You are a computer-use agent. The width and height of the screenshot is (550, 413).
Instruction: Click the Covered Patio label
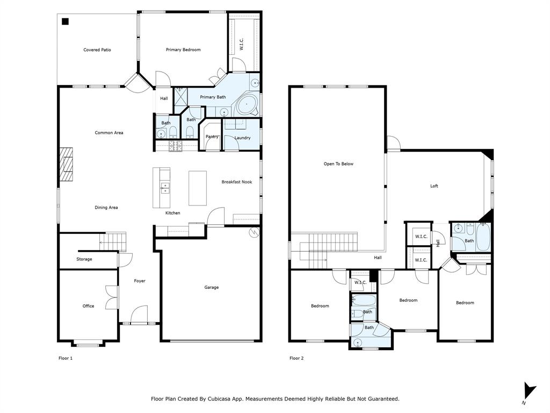coord(97,50)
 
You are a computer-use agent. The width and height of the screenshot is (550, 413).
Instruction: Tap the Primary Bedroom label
coord(183,50)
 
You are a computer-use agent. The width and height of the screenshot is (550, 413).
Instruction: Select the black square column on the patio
coord(65,22)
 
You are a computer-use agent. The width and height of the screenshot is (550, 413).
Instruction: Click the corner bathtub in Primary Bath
coord(247,105)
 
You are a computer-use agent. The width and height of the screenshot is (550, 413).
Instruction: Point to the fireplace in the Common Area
coord(67,167)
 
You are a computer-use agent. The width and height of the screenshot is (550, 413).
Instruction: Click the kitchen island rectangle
coord(197,188)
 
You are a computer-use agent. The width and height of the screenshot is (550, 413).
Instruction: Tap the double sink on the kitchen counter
coord(165,188)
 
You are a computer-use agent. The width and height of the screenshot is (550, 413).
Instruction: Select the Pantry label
coord(212,137)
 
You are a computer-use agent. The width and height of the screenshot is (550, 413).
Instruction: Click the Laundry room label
coord(242,138)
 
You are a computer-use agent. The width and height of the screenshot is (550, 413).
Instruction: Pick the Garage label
coord(211,287)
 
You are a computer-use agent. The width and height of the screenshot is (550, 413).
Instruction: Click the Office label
coord(88,306)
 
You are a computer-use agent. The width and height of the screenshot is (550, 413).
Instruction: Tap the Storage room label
coord(84,259)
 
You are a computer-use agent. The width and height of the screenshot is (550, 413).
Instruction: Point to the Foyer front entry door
coord(139,314)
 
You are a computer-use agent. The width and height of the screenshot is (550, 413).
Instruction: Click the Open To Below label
coord(338,164)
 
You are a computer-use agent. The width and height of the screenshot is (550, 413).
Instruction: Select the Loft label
coord(434,186)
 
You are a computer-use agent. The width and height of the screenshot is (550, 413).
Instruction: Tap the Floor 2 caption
coord(296,358)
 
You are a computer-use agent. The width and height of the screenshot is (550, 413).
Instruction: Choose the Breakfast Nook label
coord(237,182)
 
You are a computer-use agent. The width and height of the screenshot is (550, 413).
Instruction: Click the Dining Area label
coord(106,208)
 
